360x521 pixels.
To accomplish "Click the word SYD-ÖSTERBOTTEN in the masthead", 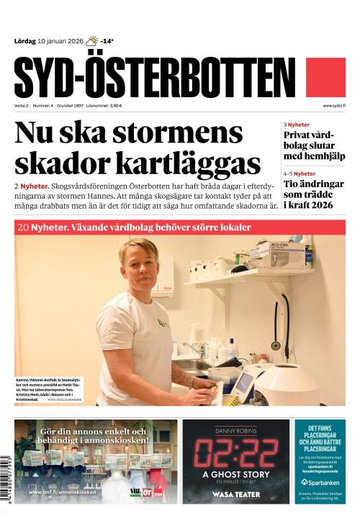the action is pyautogui.click(x=154, y=76).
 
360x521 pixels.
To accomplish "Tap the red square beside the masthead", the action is pyautogui.click(x=325, y=77).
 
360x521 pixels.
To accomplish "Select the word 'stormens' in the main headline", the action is pyautogui.click(x=179, y=134).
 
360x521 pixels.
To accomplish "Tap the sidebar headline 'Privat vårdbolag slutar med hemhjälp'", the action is pyautogui.click(x=314, y=145).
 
